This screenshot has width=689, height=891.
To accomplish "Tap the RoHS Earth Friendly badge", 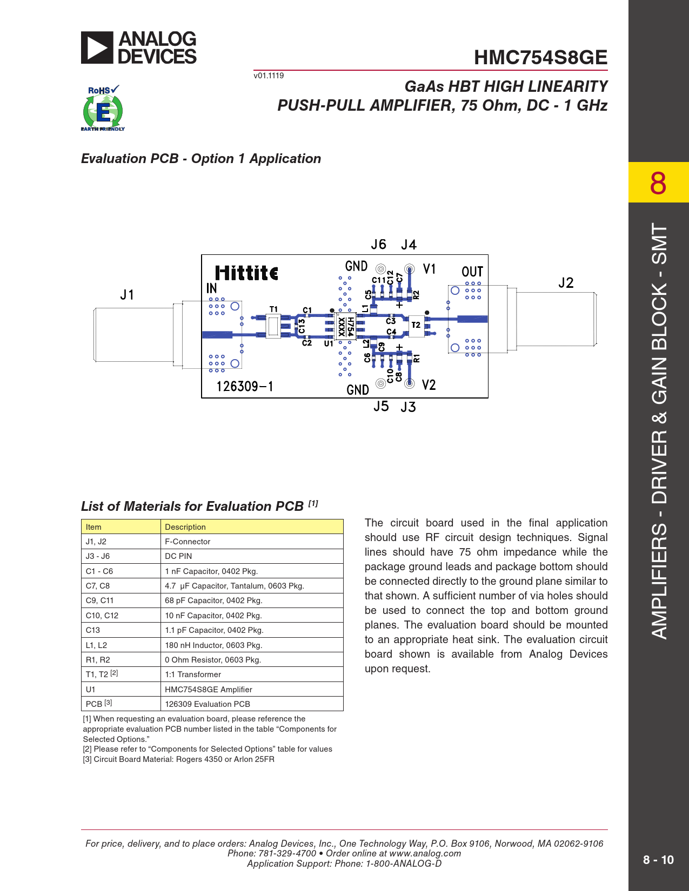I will [103, 109].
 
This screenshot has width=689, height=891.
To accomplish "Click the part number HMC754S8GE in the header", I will [540, 58].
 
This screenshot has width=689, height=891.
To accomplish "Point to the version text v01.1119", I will [269, 76].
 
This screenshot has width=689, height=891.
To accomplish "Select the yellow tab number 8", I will [658, 183].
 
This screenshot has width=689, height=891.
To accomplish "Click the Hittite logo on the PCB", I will [246, 273].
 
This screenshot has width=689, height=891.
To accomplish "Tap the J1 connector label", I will [127, 295].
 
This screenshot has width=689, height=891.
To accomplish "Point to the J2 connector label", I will [566, 283].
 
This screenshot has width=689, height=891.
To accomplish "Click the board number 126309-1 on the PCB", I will [245, 387].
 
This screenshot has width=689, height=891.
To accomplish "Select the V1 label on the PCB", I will [429, 269].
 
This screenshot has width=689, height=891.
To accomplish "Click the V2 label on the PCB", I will [429, 385].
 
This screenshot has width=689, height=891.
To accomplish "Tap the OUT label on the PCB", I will [472, 272].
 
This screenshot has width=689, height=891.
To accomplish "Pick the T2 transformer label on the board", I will [416, 325].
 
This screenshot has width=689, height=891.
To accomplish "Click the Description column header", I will [185, 527].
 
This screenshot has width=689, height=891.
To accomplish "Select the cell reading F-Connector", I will [188, 542].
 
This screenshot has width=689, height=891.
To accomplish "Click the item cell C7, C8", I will [98, 586].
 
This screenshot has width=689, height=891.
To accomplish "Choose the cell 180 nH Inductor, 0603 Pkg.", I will [213, 645].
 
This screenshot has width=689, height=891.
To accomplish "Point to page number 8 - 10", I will [658, 860].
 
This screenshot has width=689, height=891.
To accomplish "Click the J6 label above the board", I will [378, 245].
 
